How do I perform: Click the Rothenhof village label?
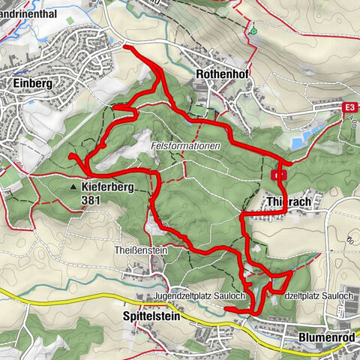(x=217, y=74)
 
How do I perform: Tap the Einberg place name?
(x=31, y=83)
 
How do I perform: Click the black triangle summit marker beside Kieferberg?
(x=73, y=185)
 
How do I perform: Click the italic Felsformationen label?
(x=184, y=146)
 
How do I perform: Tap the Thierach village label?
(x=289, y=202)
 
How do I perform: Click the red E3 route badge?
(x=349, y=109)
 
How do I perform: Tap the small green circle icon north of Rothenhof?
(x=253, y=31)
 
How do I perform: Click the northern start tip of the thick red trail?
(x=125, y=47)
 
